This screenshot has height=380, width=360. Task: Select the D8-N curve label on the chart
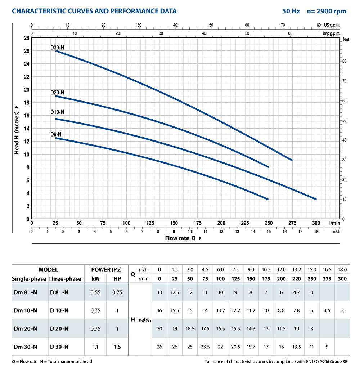(56, 134)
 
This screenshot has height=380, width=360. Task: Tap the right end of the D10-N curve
(316, 199)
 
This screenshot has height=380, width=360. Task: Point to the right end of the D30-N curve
(292, 160)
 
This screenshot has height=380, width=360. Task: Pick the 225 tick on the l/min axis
(245, 223)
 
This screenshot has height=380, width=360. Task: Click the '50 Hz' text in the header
(291, 11)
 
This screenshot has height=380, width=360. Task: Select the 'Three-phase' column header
(65, 278)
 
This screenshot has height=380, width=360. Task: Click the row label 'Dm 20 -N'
(25, 328)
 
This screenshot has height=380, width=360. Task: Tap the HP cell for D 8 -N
(117, 292)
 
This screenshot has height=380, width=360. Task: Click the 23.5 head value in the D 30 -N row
(205, 347)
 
